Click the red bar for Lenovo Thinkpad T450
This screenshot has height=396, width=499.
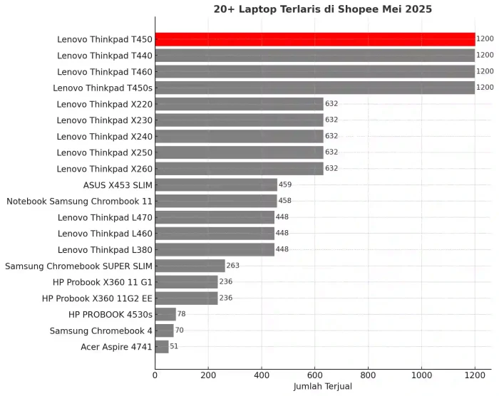pyautogui.click(x=314, y=39)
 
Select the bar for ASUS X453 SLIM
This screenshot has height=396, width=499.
pyautogui.click(x=216, y=185)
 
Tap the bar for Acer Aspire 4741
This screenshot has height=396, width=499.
pyautogui.click(x=162, y=347)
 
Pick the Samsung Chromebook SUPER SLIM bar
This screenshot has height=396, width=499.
pyautogui.click(x=190, y=266)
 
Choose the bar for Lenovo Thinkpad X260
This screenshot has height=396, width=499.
pyautogui.click(x=239, y=169)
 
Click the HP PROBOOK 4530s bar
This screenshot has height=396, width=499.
pyautogui.click(x=165, y=314)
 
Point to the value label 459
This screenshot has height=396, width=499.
pyautogui.click(x=285, y=185)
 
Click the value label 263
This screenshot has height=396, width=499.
pyautogui.click(x=233, y=266)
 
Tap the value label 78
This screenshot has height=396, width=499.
pyautogui.click(x=182, y=314)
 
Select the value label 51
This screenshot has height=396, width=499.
pyautogui.click(x=174, y=347)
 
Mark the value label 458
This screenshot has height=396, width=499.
pyautogui.click(x=284, y=202)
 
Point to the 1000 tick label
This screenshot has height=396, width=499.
pyautogui.click(x=421, y=375)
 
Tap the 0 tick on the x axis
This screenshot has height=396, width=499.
pyautogui.click(x=155, y=375)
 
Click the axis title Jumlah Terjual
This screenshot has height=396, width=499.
pyautogui.click(x=322, y=387)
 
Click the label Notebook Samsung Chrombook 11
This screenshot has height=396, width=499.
pyautogui.click(x=79, y=202)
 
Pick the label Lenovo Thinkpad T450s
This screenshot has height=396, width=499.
pyautogui.click(x=103, y=88)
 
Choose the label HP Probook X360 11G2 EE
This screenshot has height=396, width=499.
pyautogui.click(x=97, y=298)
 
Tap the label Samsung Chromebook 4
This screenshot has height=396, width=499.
pyautogui.click(x=101, y=330)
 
